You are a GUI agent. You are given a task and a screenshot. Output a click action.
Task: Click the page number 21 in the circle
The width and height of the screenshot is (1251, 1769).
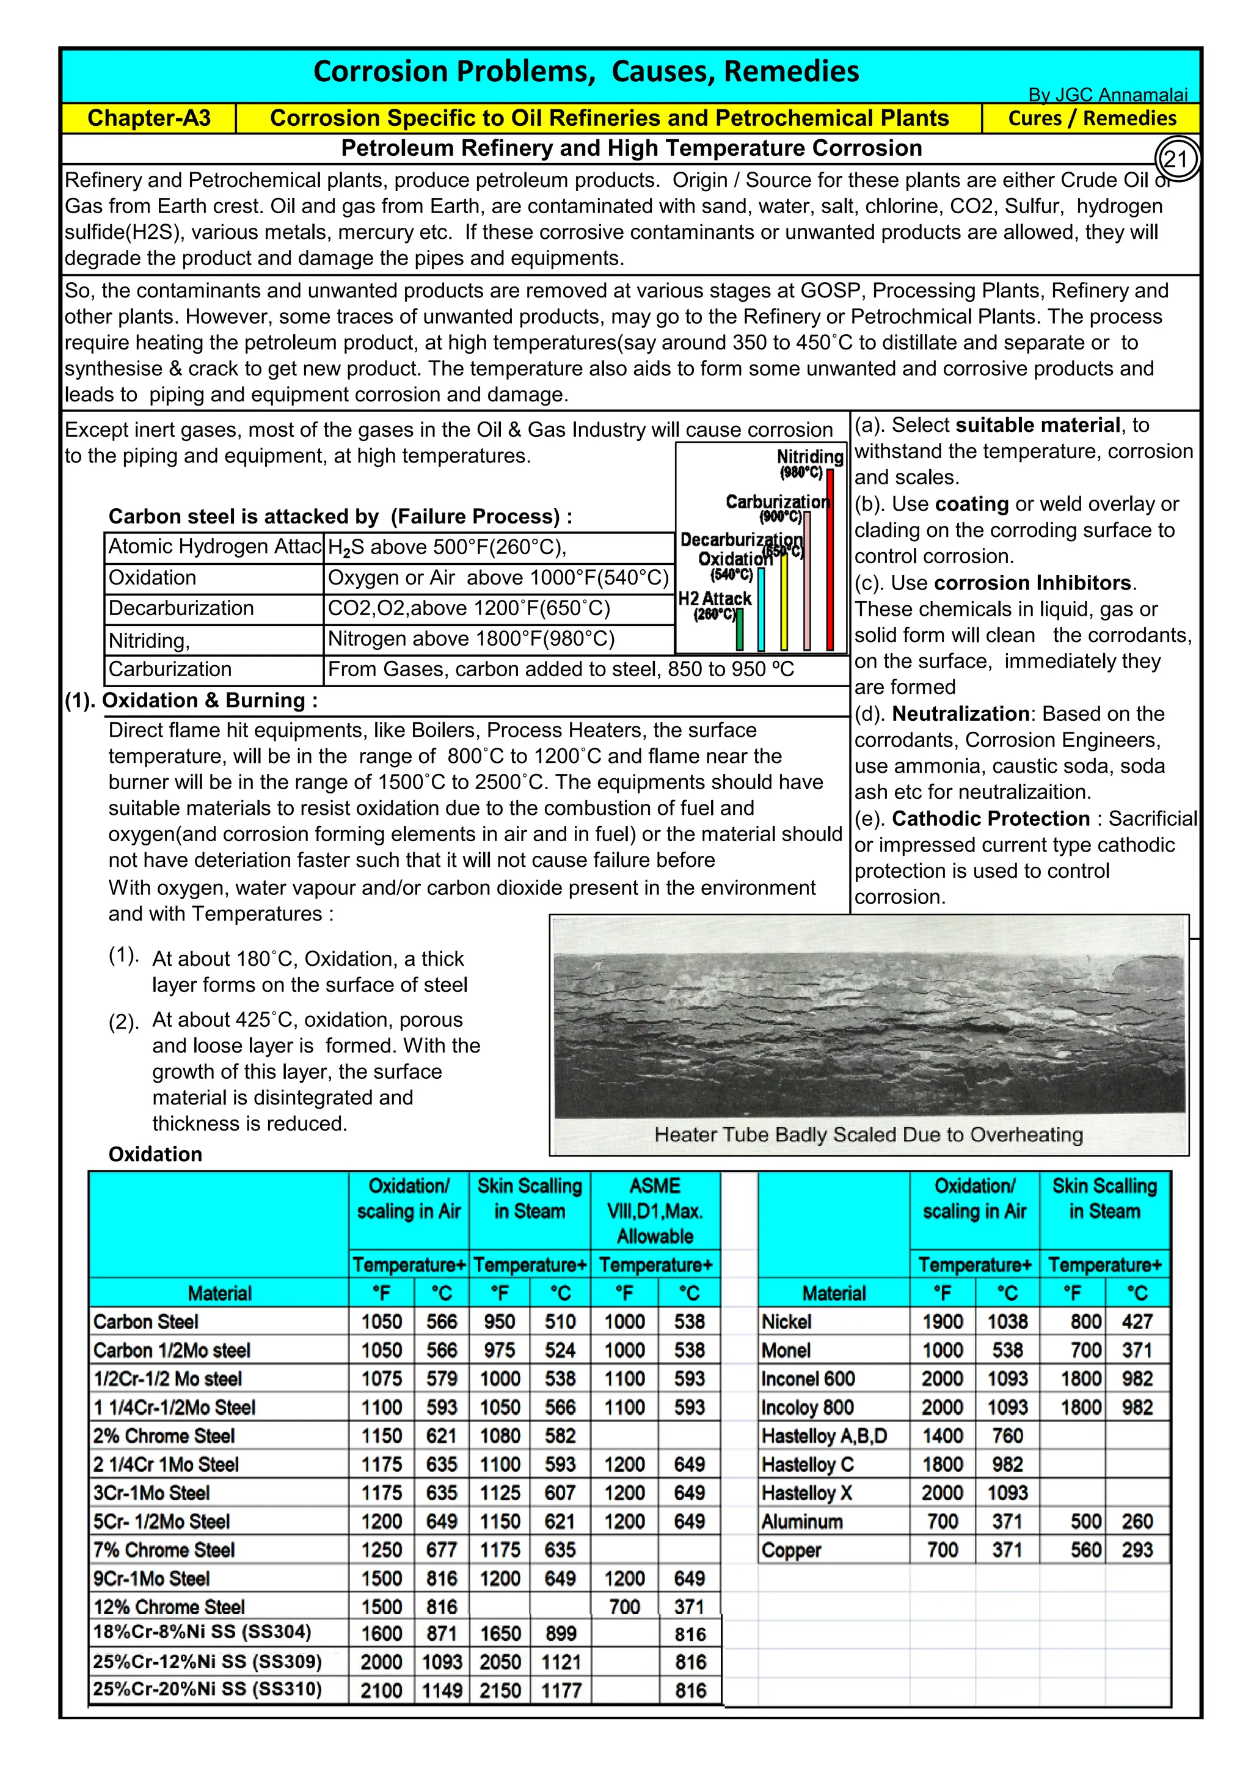point(1175,159)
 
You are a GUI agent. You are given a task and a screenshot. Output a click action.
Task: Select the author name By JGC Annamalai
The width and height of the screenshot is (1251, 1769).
point(1107,95)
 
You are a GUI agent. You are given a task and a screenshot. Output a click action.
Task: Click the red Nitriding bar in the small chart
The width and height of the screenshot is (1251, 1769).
point(830,560)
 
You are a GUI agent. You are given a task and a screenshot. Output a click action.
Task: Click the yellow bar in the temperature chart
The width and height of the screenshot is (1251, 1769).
point(784,601)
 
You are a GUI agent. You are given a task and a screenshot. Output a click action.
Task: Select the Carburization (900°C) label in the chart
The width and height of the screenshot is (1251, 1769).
point(777,508)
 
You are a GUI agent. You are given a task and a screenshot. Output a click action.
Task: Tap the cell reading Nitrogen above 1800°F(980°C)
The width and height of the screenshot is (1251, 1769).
point(472,639)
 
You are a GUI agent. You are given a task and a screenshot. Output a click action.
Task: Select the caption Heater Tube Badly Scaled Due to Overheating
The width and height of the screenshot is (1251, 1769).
point(868,1134)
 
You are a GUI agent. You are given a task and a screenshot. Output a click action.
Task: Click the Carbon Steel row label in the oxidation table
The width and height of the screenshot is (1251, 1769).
point(147,1321)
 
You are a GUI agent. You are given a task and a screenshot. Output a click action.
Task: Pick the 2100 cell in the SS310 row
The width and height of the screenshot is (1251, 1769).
point(381,1690)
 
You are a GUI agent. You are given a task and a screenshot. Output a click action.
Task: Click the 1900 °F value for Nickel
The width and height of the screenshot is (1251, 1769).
point(942,1321)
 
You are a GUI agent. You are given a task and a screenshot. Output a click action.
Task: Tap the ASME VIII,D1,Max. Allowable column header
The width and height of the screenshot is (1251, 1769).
point(655,1211)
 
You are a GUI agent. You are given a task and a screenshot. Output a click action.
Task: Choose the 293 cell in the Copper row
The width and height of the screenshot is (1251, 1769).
point(1136,1550)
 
